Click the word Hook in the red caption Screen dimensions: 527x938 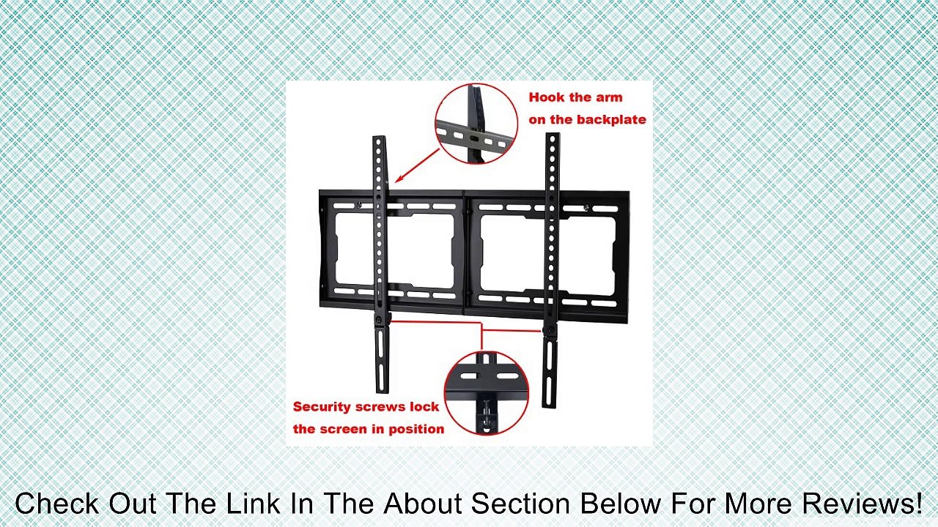coord(545,97)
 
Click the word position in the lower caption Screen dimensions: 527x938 coord(417,429)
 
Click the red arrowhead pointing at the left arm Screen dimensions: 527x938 coord(399,178)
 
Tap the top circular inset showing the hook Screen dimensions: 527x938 coord(476,123)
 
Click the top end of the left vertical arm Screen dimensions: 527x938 coord(379,140)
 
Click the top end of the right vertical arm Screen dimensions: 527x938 coord(553,137)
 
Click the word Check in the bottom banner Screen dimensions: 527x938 coord(57,504)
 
